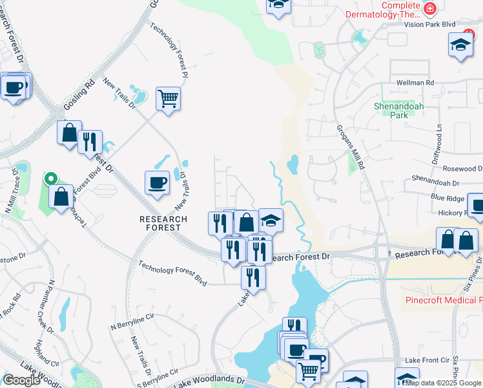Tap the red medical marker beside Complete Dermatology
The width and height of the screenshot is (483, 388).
429,9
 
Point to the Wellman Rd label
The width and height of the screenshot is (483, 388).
415,83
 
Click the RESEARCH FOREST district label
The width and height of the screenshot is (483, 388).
163,224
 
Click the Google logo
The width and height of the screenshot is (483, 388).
22,380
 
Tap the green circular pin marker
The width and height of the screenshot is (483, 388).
50,178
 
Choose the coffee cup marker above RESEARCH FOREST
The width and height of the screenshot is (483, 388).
157,183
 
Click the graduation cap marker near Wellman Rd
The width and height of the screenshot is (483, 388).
461,45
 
